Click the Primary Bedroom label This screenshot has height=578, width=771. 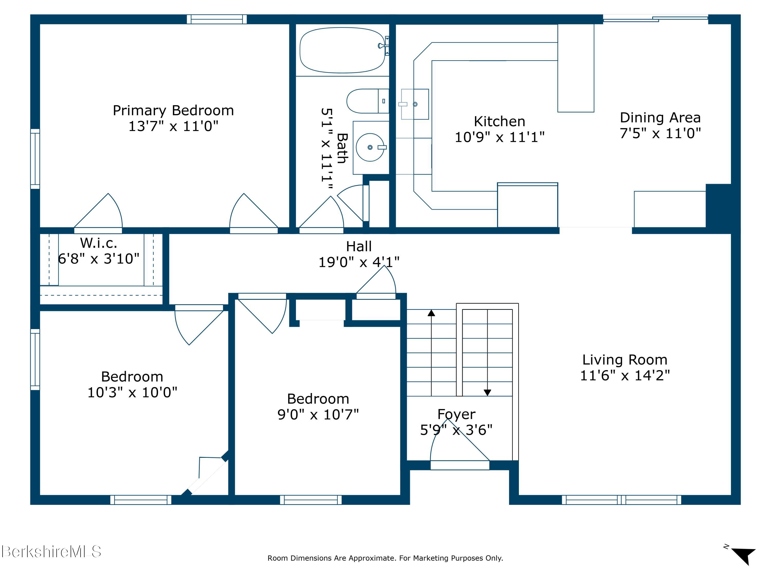coord(173,110)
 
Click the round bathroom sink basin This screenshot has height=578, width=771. coord(370,147)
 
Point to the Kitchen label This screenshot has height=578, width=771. coord(499,121)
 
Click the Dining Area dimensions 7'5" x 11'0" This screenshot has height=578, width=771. coord(660,133)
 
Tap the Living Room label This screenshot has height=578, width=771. coord(625,360)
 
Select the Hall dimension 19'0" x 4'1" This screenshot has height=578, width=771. coord(359,262)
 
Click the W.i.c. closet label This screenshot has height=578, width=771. coord(99,243)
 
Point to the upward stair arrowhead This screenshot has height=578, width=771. coord(432,313)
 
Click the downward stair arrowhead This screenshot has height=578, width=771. coord(487,393)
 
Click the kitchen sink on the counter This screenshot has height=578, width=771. coord(415,104)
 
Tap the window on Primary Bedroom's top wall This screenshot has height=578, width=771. coord(217,19)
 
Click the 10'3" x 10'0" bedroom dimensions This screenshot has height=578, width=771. coord(132,392)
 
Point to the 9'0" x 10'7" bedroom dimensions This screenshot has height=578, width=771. coord(318,414)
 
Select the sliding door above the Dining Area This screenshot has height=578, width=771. coord(656,19)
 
